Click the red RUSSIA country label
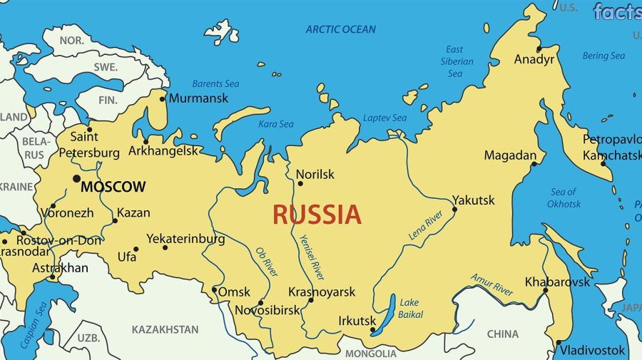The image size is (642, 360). pos(317,214)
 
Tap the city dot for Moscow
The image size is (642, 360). pos(76,178)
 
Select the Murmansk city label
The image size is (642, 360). pos(199,98)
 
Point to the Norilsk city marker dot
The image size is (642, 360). pos(300,184)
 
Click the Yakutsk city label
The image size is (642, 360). pos(473,200)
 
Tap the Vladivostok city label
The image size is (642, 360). pos(592,350)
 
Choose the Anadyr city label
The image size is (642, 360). pos(534,60)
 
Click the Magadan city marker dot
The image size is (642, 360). pos(534,164)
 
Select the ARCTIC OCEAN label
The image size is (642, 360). pos(340,29)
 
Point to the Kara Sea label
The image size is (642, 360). pos(275,124)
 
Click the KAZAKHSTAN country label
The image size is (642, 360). pos(165,329)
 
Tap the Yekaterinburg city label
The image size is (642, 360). pos(185,239)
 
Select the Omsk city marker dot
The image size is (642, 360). pos(215,289)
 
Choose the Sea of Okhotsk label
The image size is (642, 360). pos(564,197)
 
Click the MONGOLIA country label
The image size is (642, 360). pos(370,354)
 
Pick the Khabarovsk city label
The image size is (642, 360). pos(557,282)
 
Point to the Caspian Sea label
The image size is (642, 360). pos(34,324)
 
